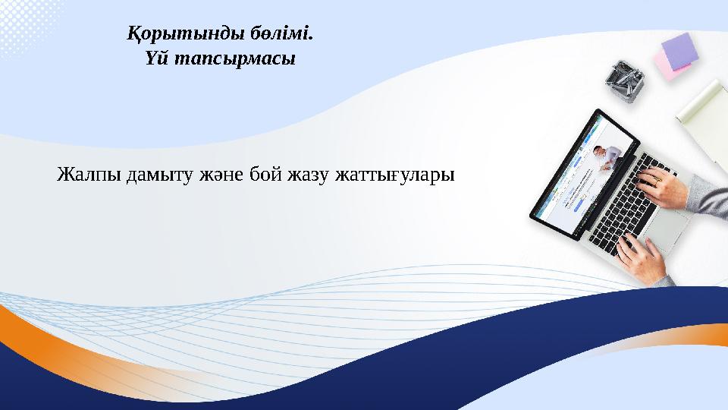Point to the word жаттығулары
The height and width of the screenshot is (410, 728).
click(x=394, y=176)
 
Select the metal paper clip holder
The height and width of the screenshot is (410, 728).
click(x=624, y=79)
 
